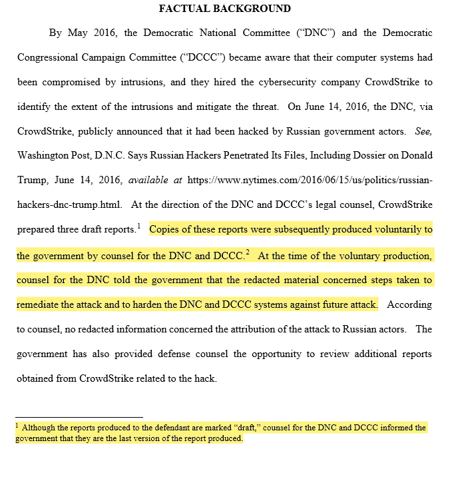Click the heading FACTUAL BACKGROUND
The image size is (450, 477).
[225, 9]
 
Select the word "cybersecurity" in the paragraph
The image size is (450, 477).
[296, 82]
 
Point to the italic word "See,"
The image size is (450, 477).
[423, 131]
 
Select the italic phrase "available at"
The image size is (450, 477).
[155, 180]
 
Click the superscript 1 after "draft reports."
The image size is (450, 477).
[139, 227]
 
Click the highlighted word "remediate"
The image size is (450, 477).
[41, 304]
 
